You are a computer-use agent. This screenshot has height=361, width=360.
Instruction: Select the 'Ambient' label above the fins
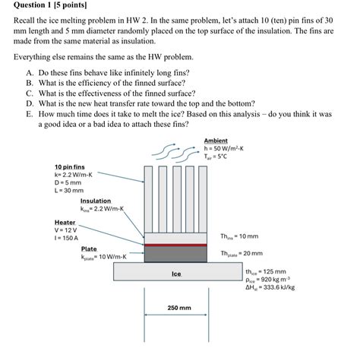(216, 141)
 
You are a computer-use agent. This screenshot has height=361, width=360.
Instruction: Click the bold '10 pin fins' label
(70, 166)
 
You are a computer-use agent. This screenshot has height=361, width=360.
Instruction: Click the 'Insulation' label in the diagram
(95, 201)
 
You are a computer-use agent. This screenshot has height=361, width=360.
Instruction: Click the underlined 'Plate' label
(89, 249)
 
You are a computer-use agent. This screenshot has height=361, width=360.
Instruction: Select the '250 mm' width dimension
(178, 309)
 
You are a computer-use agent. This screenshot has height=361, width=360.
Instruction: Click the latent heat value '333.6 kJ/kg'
(270, 288)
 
